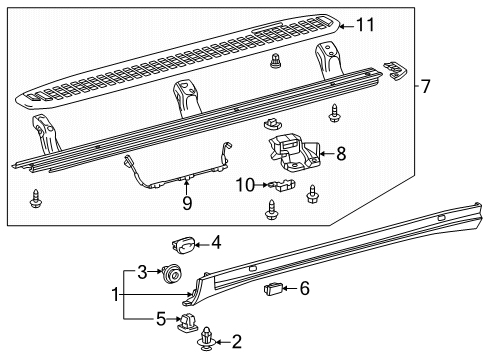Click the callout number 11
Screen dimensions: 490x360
365,25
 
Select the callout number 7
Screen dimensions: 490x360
426,86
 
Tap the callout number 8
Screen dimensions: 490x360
341,154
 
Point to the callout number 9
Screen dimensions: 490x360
187,203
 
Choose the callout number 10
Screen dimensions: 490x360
245,185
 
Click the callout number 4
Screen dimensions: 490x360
217,243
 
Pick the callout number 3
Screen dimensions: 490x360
142,272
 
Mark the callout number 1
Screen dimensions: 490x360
115,294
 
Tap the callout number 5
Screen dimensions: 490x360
161,319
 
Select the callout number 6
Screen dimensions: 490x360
305,288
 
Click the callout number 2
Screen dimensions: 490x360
236,342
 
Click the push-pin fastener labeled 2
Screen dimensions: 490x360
207,339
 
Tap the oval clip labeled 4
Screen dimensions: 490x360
183,245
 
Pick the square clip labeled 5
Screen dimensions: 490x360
187,322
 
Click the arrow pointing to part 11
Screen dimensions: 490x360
347,26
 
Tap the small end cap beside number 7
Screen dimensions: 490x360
395,70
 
